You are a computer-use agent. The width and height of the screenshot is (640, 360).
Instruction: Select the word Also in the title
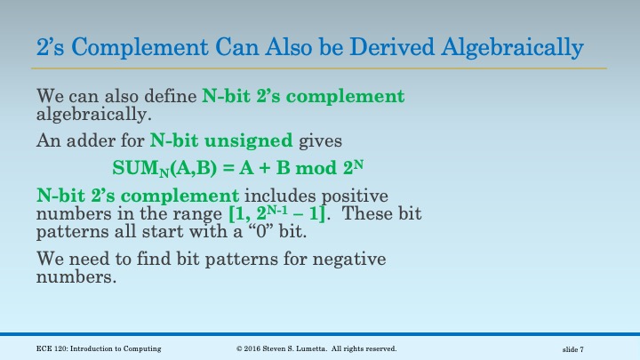pos(276,45)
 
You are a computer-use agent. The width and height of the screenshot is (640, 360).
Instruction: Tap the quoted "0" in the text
pos(280,236)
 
